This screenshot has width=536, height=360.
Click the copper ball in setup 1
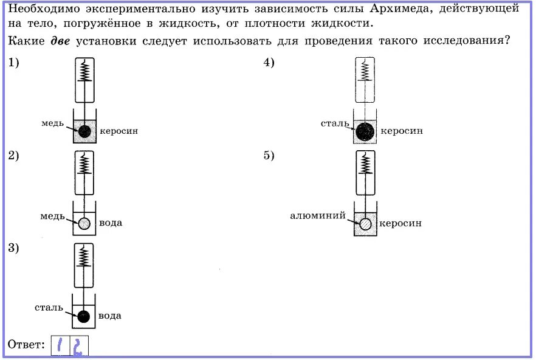[x=84, y=131]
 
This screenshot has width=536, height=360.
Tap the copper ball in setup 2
[x=84, y=223]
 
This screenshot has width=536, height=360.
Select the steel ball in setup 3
[x=84, y=316]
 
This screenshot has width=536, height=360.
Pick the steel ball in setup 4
[x=365, y=131]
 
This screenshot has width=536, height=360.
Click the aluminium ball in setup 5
[x=365, y=224]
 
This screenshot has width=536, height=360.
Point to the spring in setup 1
[x=84, y=72]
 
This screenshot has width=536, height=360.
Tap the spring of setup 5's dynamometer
[x=366, y=164]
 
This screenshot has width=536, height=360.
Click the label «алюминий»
[x=318, y=215]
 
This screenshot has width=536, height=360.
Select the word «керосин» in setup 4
[x=402, y=131]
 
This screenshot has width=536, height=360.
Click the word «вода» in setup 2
[x=111, y=223]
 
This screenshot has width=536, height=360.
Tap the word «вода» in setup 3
[x=110, y=316]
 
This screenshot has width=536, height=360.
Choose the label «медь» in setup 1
[x=53, y=123]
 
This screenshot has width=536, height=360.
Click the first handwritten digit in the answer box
[x=61, y=345]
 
